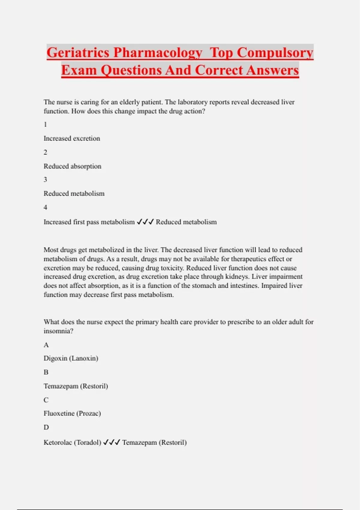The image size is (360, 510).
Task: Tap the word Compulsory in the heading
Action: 275,53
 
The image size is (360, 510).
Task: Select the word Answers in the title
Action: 273,70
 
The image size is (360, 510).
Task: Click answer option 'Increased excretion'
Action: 72,139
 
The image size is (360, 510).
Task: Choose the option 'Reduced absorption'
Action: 72,166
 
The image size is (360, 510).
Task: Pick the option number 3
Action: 45,180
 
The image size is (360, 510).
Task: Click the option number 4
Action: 45,207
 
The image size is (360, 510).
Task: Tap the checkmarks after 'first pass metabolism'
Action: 145,222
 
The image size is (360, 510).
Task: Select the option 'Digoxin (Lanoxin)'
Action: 71,358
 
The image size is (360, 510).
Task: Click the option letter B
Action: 46,372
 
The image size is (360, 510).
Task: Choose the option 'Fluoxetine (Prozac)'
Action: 72,413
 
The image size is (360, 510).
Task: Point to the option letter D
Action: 46,427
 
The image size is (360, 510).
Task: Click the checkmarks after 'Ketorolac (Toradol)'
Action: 112,442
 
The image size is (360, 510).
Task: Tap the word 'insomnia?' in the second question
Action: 58,331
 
